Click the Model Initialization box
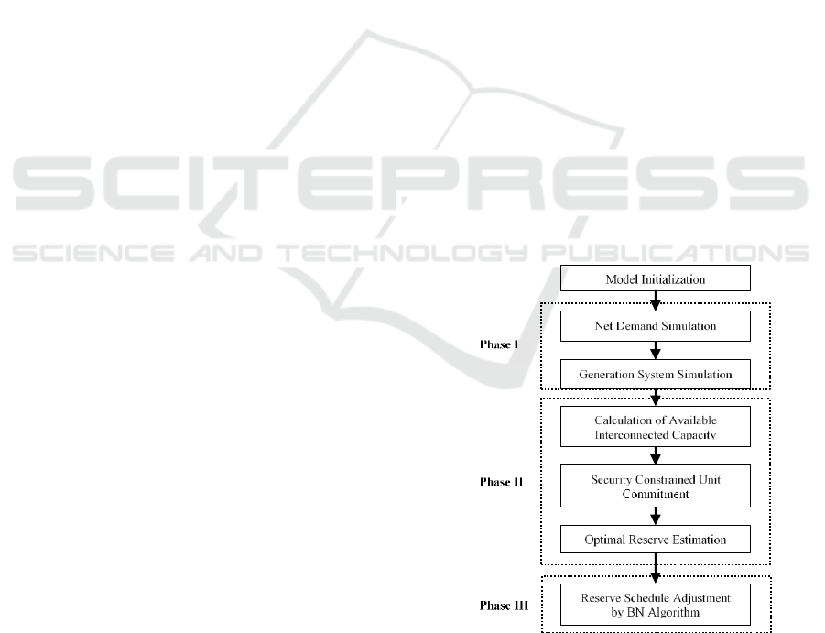click(655, 278)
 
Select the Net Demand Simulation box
click(655, 326)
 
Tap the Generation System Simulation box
click(655, 374)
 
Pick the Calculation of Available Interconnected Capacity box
click(655, 426)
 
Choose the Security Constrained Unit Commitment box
click(655, 486)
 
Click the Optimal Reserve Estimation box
click(655, 539)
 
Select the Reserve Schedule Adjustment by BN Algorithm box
click(655, 605)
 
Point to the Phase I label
click(499, 344)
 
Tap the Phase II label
click(501, 482)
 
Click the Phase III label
click(504, 606)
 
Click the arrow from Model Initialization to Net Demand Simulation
click(655, 300)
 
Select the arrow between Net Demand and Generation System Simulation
click(655, 351)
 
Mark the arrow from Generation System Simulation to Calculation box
click(655, 398)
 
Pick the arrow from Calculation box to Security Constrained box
click(655, 455)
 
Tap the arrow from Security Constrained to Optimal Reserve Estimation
click(655, 516)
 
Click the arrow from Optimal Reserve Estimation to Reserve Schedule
click(655, 568)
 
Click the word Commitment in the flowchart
click(655, 494)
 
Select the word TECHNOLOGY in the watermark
click(403, 253)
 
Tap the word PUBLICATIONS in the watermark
click(676, 253)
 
